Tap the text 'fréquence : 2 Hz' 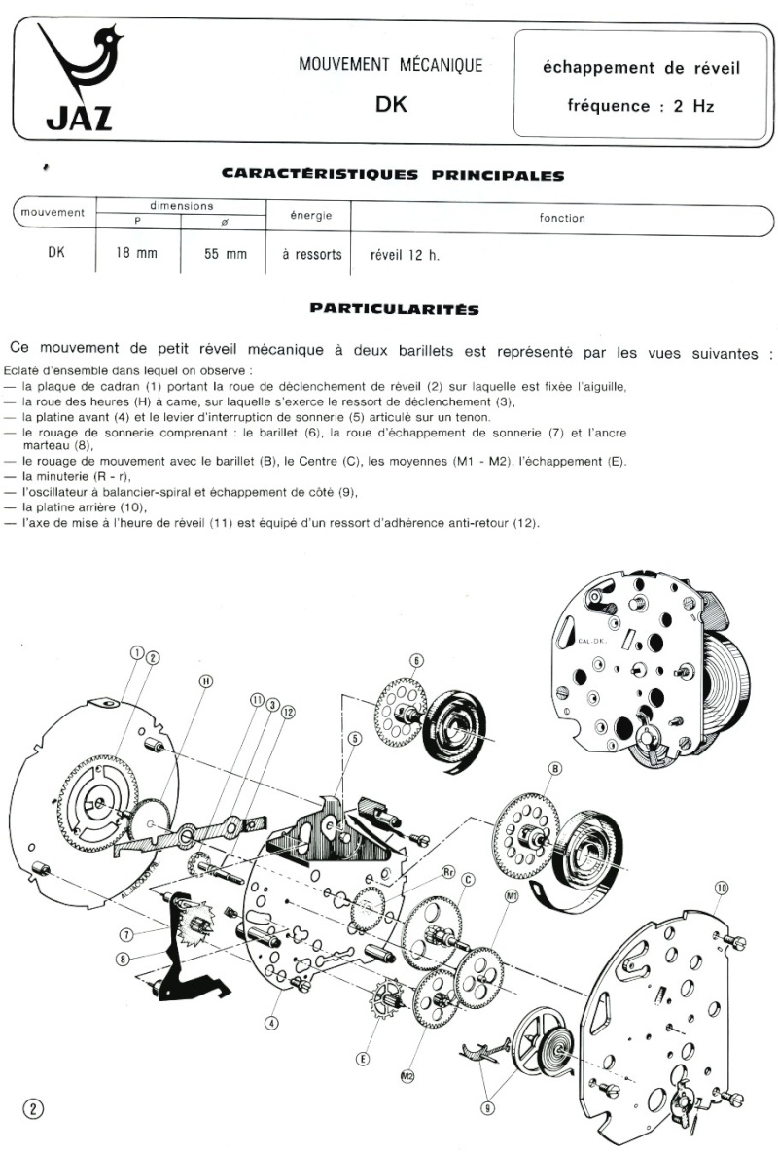pos(640,106)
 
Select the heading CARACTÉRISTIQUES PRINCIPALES pos(393,175)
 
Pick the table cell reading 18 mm pos(139,255)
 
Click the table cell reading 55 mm pos(225,255)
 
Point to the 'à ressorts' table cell pos(311,255)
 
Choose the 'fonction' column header pos(562,218)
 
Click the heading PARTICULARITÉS pos(394,308)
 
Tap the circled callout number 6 pos(415,661)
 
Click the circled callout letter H pos(205,681)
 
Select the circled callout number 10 pos(722,886)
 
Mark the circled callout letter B pos(555,769)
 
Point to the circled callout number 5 pos(354,738)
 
